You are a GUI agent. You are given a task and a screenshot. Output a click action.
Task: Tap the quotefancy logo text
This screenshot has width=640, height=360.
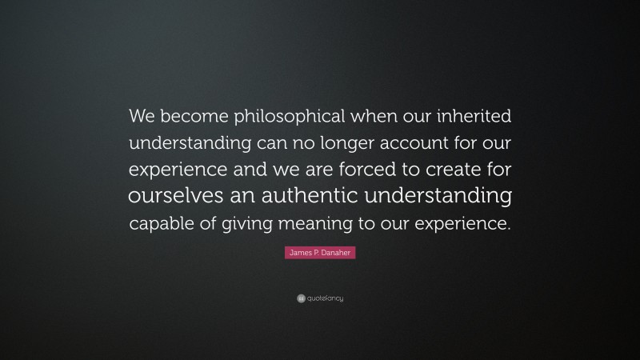tap(326, 298)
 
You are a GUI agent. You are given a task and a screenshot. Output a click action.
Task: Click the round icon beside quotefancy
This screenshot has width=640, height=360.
tap(300, 298)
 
